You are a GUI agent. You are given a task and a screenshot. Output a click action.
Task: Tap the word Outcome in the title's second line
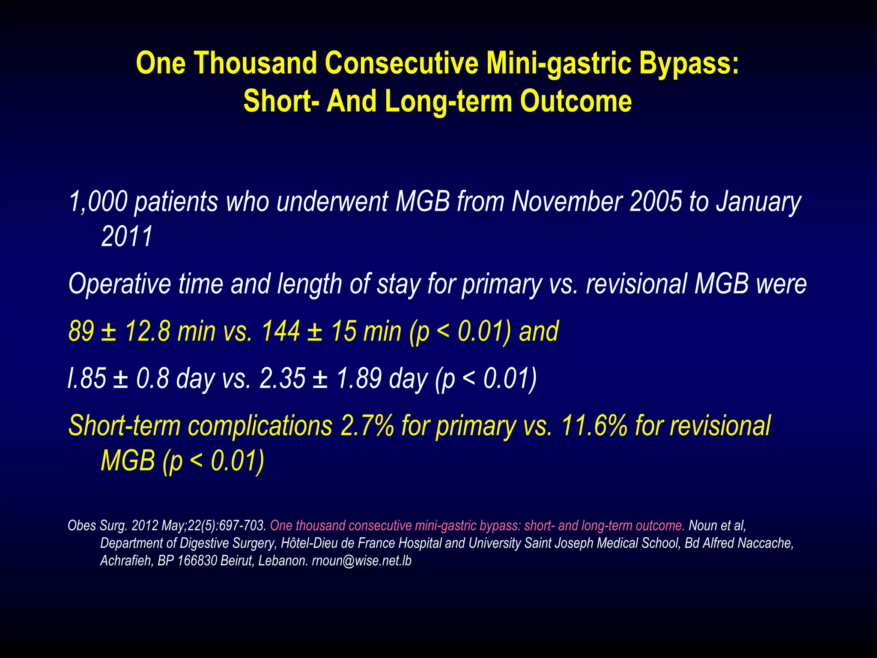(576, 102)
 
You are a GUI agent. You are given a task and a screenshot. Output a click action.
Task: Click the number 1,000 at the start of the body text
(98, 201)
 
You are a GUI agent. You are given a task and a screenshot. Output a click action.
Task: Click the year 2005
(656, 201)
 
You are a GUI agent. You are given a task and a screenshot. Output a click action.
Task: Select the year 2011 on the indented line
(127, 236)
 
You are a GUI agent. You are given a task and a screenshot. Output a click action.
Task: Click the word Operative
(119, 284)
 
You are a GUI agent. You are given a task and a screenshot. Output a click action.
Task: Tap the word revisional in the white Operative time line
(636, 284)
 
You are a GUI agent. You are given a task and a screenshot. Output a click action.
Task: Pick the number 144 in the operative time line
(280, 332)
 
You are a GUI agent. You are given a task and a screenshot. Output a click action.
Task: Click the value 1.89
(359, 379)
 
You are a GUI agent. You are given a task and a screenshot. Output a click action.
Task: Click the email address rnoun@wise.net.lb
(361, 561)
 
